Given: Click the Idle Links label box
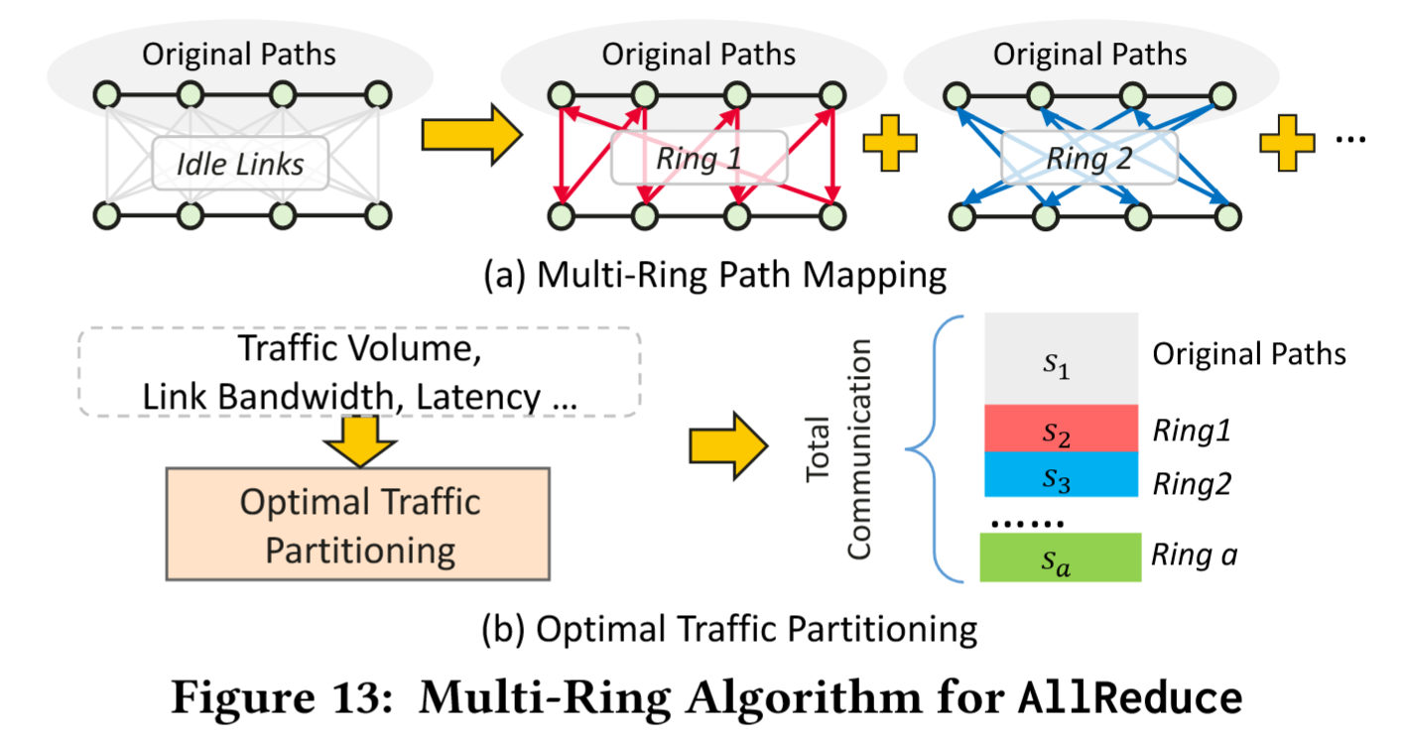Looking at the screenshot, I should coord(241,162).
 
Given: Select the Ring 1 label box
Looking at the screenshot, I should coord(699,158).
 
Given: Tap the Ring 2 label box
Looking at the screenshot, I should coord(1088,158).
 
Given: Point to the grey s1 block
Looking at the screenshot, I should coord(1060,359).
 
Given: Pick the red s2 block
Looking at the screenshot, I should coord(1060,428).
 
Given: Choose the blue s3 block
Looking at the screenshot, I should coord(1060,474).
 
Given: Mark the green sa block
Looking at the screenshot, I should coord(1060,557).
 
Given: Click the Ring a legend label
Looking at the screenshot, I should coord(1194,555).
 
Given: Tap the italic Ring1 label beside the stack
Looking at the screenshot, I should coord(1192,431).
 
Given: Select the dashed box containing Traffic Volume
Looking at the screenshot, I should coord(357,372).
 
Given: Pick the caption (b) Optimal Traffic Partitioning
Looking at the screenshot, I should coord(729,628).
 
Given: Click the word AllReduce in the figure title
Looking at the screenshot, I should coord(1131,697).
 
